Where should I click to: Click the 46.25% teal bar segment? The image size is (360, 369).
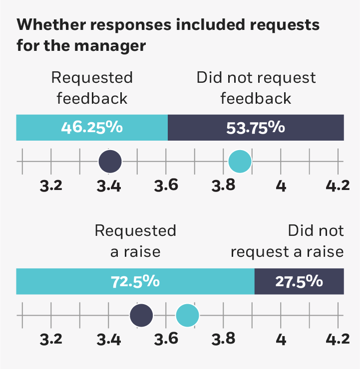92,127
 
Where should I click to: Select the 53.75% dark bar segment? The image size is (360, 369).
256,127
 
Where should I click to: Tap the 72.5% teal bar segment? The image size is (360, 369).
135,281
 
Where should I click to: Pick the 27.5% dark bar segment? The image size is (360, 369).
299,281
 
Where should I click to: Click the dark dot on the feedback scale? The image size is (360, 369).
110,161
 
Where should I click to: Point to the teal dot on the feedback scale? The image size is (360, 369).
240,161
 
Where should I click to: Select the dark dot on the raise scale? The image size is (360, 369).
141,315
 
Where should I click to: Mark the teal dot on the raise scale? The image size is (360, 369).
187,315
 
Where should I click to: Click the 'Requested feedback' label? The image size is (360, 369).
92,88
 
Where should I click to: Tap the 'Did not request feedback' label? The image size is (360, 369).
256,88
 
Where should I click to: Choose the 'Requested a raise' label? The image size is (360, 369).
135,241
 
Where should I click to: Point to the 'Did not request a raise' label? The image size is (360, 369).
288,241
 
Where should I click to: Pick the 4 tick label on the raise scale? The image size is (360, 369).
281,340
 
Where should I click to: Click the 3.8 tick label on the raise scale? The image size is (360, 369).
223,340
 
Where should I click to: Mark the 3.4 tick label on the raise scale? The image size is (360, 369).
108,340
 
